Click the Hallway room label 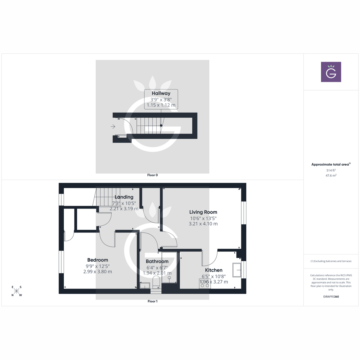tap(161, 93)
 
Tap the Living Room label tap(203, 212)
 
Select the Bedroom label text tap(97, 260)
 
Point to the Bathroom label tap(157, 262)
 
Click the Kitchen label tap(214, 270)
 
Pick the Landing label tap(124, 197)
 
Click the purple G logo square tap(331, 72)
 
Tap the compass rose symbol tap(16, 291)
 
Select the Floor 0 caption tap(152, 175)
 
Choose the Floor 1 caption tap(152, 301)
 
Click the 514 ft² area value tap(331, 170)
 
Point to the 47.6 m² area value tap(331, 175)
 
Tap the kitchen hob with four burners tap(205, 283)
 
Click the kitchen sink tap(237, 270)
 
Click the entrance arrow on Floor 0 tap(113, 127)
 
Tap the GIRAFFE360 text tap(331, 297)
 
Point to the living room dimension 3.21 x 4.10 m tap(203, 224)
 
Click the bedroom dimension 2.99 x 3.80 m tap(97, 272)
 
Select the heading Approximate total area tap(330, 164)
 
